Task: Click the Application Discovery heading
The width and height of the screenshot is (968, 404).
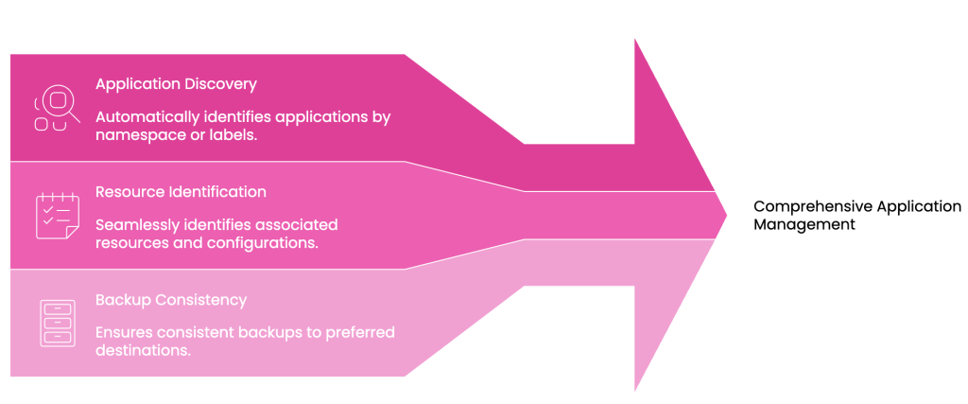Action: tap(176, 84)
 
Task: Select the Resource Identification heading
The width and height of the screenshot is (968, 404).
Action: tap(181, 192)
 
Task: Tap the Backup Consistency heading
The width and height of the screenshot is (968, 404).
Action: tap(171, 300)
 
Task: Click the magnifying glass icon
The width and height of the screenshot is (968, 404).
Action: tap(57, 108)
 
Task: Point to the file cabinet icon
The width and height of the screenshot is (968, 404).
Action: tap(57, 323)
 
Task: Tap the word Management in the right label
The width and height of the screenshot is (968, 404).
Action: tap(804, 225)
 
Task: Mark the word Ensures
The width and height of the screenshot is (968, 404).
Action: tap(123, 332)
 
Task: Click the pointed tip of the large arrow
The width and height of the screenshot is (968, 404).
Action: tap(725, 215)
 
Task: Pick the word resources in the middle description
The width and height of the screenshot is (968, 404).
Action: tap(130, 243)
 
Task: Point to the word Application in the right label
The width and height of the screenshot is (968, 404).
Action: tap(919, 206)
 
